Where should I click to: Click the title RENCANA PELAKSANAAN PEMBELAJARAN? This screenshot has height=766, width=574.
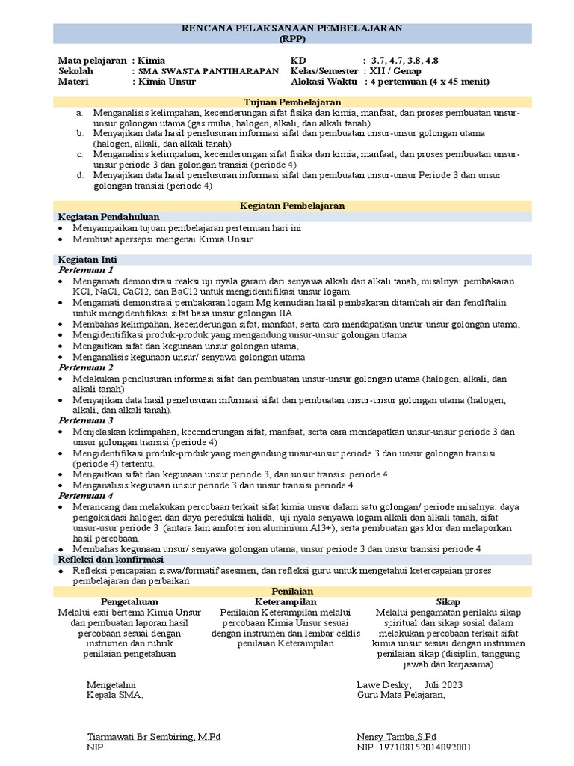tap(292, 28)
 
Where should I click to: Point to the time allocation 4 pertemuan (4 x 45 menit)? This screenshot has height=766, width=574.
tap(428, 82)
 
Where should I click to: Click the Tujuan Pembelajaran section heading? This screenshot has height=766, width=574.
tap(292, 102)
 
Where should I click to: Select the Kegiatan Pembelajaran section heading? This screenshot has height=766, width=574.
tap(292, 205)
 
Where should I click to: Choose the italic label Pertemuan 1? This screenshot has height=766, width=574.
tap(86, 269)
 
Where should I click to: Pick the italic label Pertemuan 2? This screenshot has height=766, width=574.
tap(86, 367)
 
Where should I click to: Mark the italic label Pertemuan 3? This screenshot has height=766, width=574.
tap(86, 420)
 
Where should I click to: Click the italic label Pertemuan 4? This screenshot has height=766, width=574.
tap(86, 495)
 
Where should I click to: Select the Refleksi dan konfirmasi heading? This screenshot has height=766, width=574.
tap(111, 559)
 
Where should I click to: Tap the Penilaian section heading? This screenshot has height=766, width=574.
tap(292, 591)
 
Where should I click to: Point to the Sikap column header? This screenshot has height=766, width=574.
tap(448, 601)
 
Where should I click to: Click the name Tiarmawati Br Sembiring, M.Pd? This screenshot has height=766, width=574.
tap(154, 737)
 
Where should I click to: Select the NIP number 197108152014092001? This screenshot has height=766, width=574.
tap(424, 747)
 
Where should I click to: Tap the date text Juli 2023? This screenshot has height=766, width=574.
tap(443, 684)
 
